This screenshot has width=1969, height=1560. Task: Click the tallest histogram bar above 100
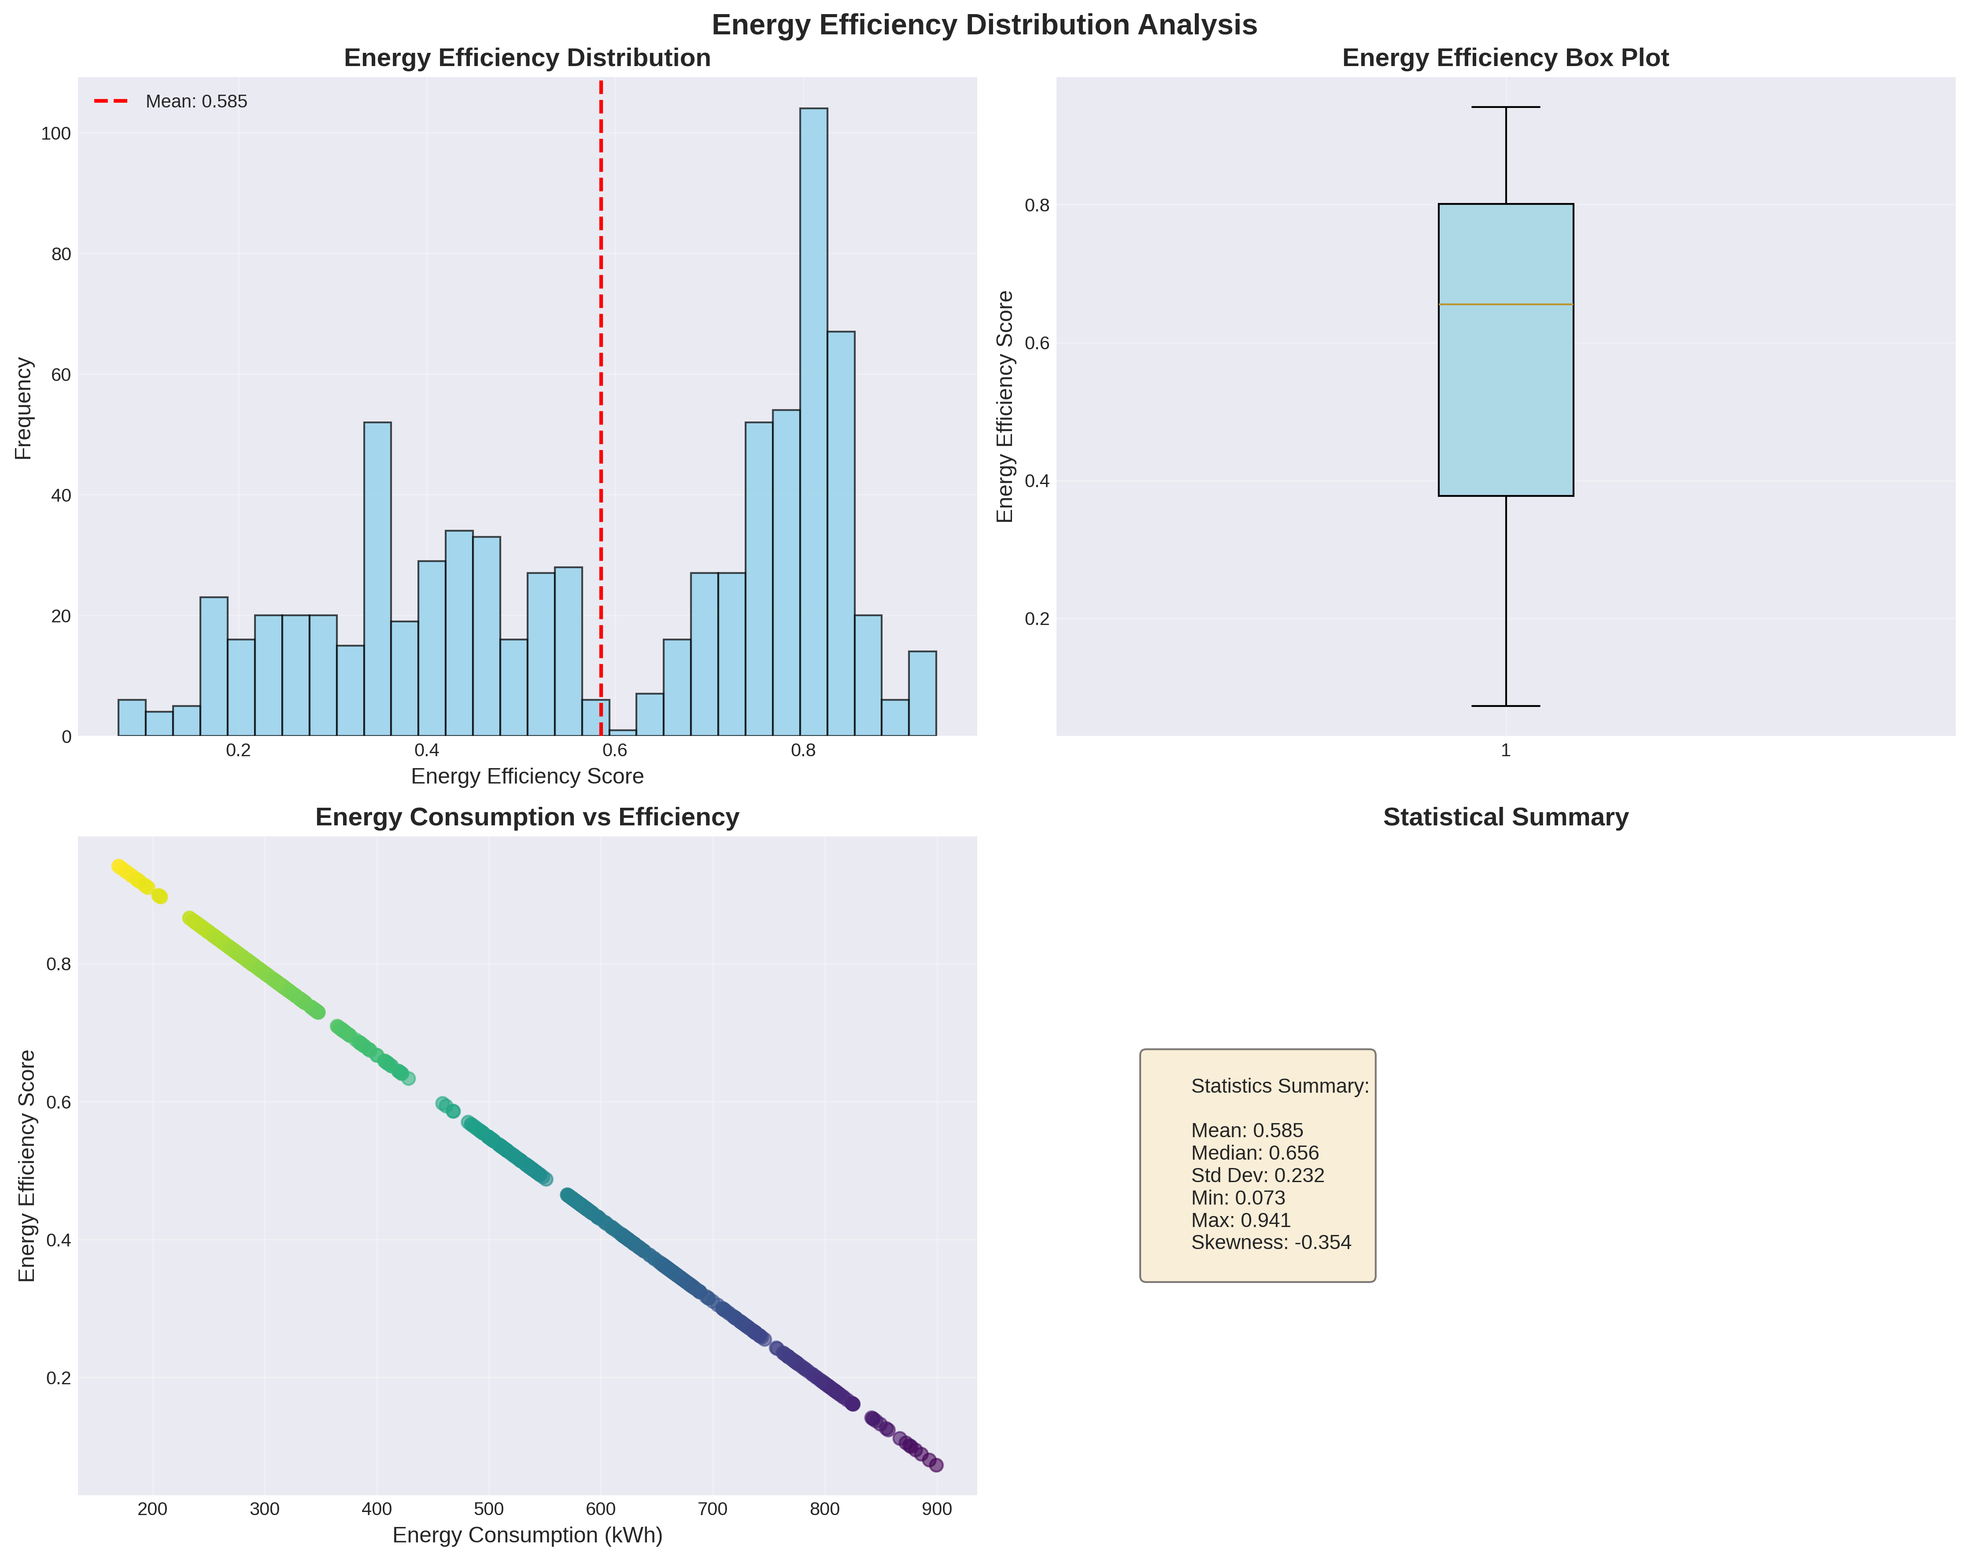click(814, 420)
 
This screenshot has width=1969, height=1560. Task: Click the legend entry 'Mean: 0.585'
click(196, 101)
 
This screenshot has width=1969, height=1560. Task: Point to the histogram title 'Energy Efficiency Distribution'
click(527, 59)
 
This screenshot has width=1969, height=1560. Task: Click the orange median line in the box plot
click(1505, 304)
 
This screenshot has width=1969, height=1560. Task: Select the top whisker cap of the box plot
click(1505, 108)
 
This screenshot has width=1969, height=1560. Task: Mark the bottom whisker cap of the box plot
click(1505, 706)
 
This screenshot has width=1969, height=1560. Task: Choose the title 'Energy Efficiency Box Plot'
click(1505, 59)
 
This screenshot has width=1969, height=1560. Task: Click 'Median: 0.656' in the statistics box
click(1255, 1153)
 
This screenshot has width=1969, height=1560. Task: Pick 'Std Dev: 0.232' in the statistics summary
click(1258, 1176)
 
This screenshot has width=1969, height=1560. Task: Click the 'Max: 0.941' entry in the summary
click(1240, 1220)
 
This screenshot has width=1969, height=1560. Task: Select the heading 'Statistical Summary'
click(1505, 817)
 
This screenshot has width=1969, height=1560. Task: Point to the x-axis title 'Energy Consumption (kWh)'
click(527, 1535)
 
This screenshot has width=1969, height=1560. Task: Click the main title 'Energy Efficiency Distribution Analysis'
click(983, 25)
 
